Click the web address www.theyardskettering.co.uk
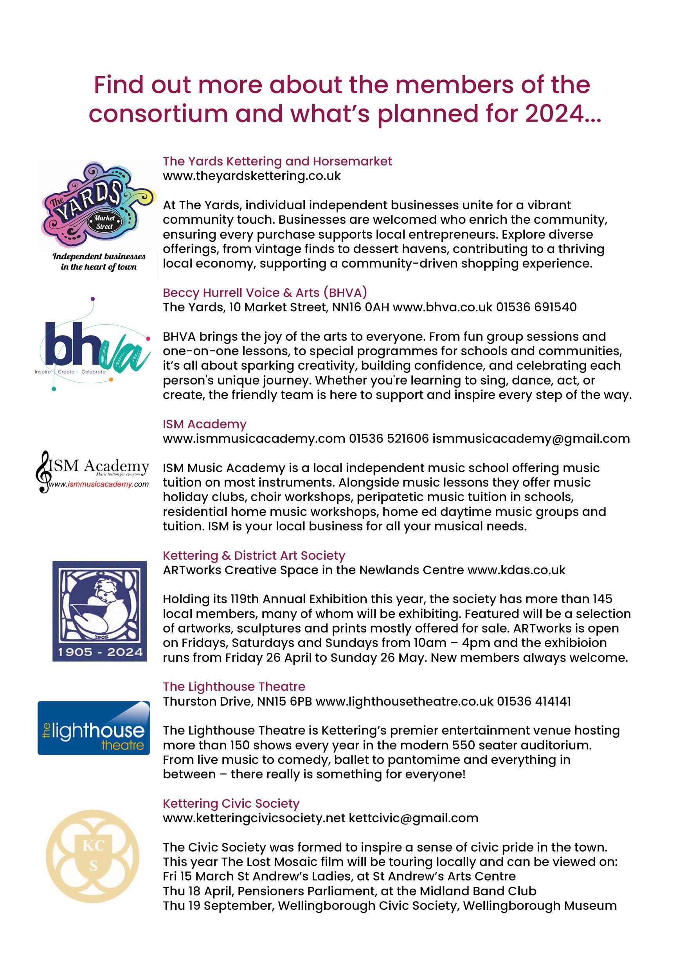(x=252, y=176)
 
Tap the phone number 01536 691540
(x=536, y=307)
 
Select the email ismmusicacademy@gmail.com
(x=531, y=438)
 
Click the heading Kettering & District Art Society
(x=254, y=555)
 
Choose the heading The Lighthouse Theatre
(x=234, y=686)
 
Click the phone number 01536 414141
(x=533, y=702)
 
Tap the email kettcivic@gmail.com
(x=414, y=818)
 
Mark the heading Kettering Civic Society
(x=231, y=803)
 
